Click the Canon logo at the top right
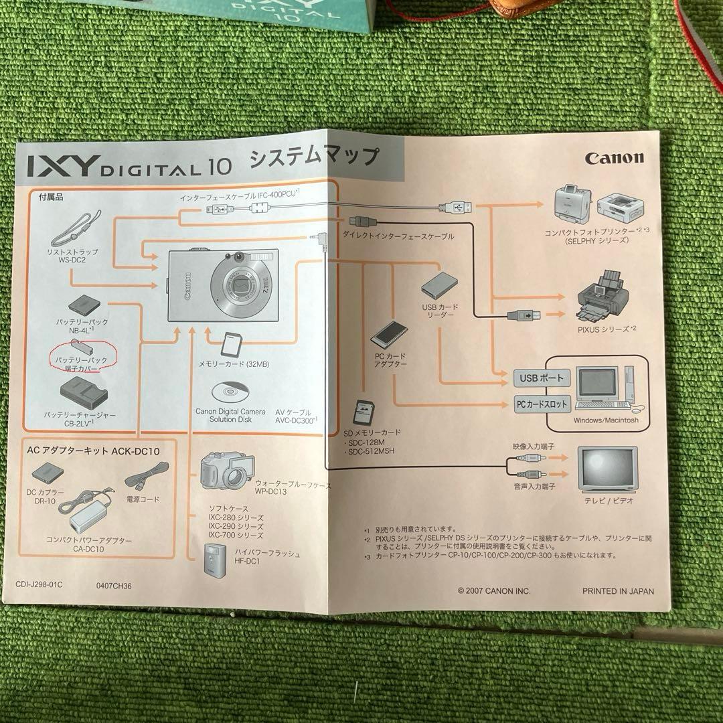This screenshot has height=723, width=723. [614, 158]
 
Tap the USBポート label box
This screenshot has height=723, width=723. [542, 378]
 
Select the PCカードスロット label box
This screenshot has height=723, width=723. [542, 404]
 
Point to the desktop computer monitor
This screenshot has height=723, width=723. [598, 384]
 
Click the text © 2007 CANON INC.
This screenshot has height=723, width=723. [493, 590]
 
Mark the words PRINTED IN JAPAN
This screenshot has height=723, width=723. [617, 590]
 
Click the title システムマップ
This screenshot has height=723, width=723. [313, 159]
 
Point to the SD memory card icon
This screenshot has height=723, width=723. [362, 412]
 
